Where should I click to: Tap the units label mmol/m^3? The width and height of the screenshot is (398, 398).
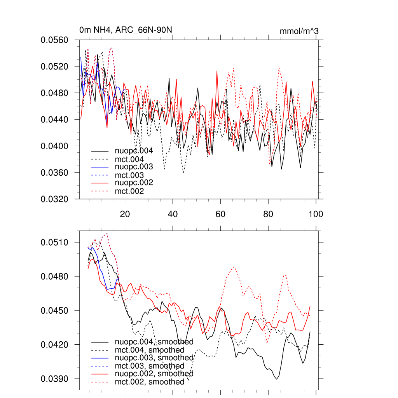point(299,31)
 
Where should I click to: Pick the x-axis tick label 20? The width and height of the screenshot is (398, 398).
point(125,214)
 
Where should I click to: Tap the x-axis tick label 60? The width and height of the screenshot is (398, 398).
point(220,214)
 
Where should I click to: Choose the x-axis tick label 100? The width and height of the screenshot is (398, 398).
point(316,214)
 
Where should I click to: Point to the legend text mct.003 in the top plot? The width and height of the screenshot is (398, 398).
point(129,175)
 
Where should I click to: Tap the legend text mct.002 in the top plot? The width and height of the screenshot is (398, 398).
point(129,191)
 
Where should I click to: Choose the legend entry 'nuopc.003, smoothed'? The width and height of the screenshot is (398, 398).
point(154,358)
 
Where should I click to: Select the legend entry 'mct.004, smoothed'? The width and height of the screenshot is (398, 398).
point(150,350)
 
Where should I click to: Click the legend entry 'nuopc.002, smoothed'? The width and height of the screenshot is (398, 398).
point(154,374)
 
